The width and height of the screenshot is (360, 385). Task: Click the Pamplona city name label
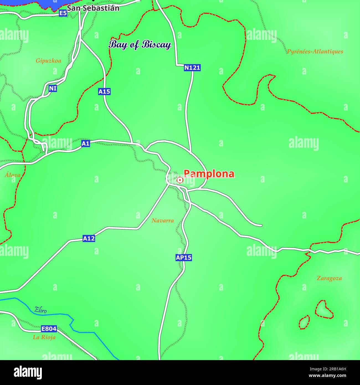pos(209,174)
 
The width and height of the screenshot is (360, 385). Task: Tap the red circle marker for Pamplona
pos(180,180)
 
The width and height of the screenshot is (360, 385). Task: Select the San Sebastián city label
pos(93,8)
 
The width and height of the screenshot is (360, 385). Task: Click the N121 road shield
pos(192,68)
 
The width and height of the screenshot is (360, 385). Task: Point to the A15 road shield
pos(104,91)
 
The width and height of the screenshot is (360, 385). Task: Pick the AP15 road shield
pos(184,258)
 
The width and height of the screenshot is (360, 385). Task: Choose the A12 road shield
pos(89,238)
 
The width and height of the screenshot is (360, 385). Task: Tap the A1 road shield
pos(86,143)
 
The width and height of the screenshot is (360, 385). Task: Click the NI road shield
pos(53,88)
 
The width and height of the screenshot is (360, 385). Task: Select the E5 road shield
pos(63,13)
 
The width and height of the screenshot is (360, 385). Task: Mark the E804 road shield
pos(49,329)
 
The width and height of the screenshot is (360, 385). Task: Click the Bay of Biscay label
pos(140,45)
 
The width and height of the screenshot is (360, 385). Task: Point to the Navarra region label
pos(163,220)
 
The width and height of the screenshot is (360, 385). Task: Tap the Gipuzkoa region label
pos(48,61)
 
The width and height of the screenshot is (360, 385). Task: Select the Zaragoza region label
pos(329,278)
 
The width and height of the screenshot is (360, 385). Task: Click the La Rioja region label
pos(44,337)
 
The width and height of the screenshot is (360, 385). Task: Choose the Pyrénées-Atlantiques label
pos(315,51)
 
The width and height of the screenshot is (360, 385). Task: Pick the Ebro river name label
pos(40,310)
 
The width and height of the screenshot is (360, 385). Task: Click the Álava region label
pos(12,175)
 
